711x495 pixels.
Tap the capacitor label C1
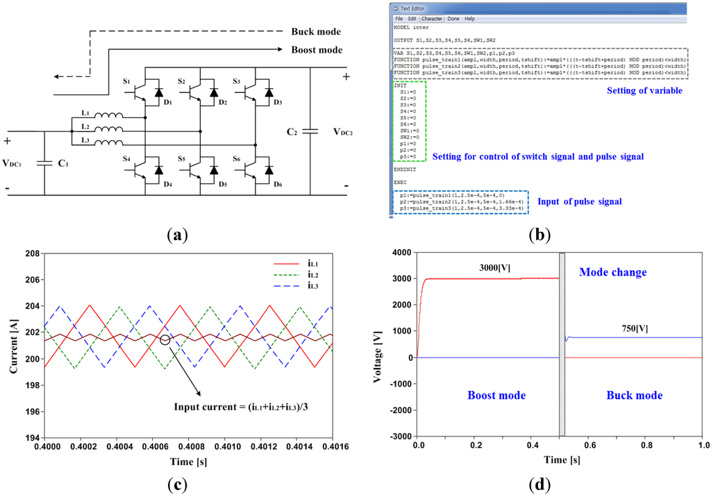pyautogui.click(x=64, y=165)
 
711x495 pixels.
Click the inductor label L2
pyautogui.click(x=84, y=127)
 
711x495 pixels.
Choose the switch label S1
pyautogui.click(x=126, y=81)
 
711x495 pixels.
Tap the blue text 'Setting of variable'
pyautogui.click(x=644, y=91)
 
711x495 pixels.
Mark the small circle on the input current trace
pyautogui.click(x=165, y=339)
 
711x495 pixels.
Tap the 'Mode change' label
pyautogui.click(x=612, y=272)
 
